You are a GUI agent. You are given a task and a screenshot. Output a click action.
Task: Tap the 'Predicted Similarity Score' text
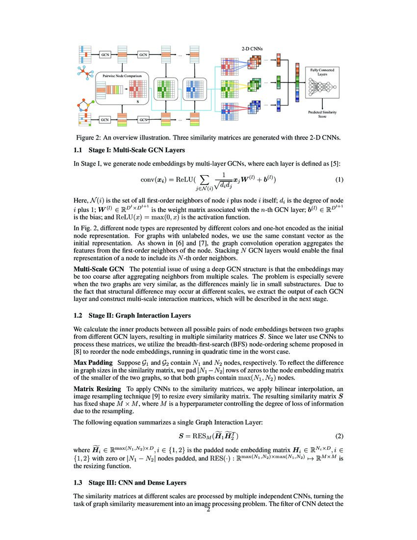coord(322,114)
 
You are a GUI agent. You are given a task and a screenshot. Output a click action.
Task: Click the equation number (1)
coord(339,179)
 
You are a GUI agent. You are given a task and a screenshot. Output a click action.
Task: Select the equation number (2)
coord(339,436)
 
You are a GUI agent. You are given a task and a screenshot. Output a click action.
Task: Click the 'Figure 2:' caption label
coord(91,137)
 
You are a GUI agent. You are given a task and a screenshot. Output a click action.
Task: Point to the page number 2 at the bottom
coord(208,511)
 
